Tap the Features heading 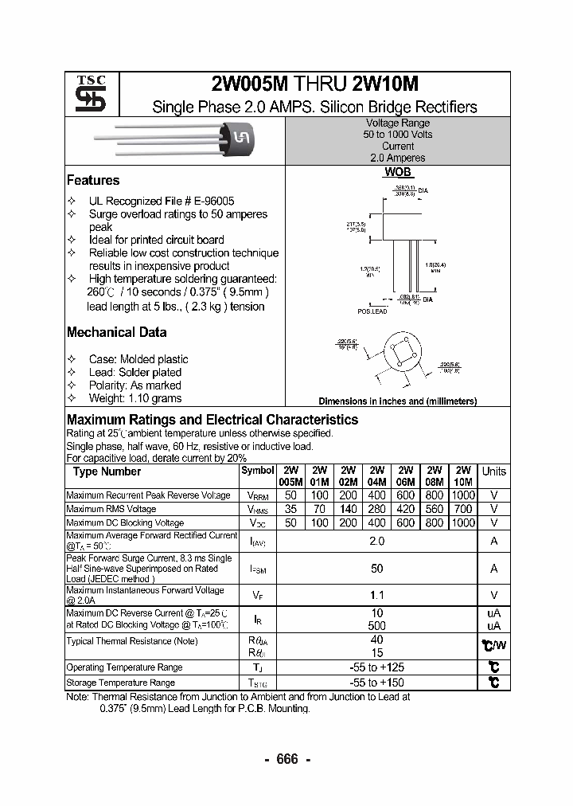click(93, 181)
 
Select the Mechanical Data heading click(116, 332)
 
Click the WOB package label click(398, 172)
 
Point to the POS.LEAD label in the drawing click(372, 311)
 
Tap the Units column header click(494, 471)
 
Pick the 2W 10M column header click(462, 476)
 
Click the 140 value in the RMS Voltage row click(348, 509)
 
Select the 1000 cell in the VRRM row click(462, 495)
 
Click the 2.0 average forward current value click(376, 542)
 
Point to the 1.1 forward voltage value click(376, 594)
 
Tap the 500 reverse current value click(376, 626)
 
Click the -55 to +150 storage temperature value click(377, 683)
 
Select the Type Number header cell click(107, 471)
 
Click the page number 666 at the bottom click(286, 759)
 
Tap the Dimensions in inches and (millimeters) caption click(397, 401)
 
